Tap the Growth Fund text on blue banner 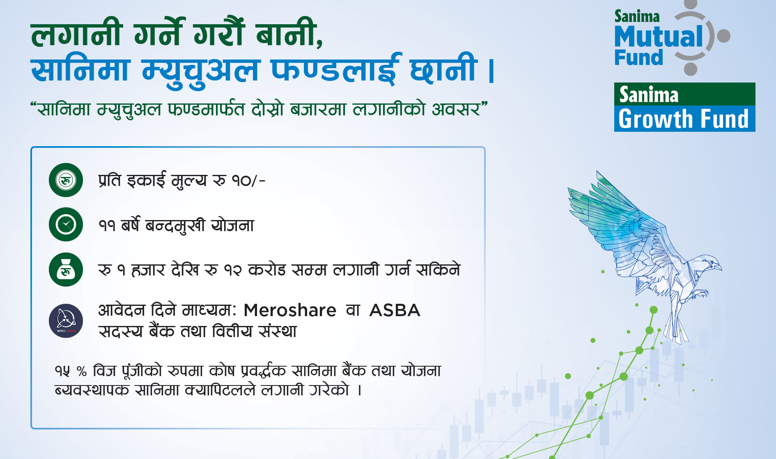(684, 119)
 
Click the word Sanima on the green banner (649, 94)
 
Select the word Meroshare (290, 310)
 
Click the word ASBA (395, 310)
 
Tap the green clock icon (66, 225)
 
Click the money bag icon (66, 269)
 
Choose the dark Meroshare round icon (66, 321)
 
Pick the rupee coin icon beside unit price (66, 180)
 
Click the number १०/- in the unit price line (248, 181)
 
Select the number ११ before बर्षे (107, 225)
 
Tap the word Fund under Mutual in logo (638, 57)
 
